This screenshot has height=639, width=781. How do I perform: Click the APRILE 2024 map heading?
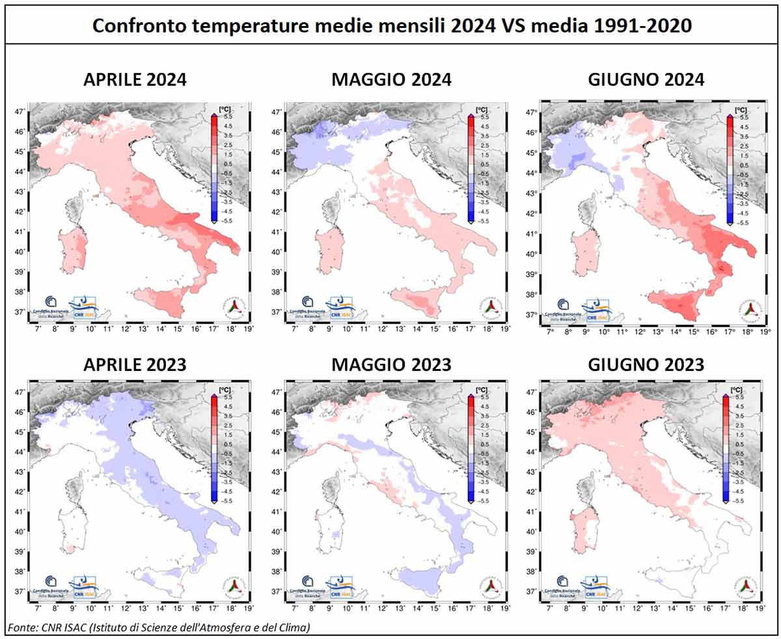click(135, 80)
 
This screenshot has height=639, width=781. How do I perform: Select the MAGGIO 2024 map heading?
click(391, 80)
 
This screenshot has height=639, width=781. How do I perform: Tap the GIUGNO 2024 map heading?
click(646, 80)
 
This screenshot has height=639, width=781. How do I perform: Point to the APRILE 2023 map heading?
click(135, 364)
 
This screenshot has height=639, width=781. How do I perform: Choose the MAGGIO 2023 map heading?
click(391, 364)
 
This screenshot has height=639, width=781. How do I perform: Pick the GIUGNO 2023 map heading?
click(646, 364)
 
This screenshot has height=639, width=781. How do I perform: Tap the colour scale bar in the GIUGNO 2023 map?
click(725, 448)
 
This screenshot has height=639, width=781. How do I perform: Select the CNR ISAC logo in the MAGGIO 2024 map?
click(339, 308)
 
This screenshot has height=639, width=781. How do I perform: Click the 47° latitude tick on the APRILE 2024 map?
click(20, 112)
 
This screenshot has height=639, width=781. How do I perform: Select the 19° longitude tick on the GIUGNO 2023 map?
click(760, 610)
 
